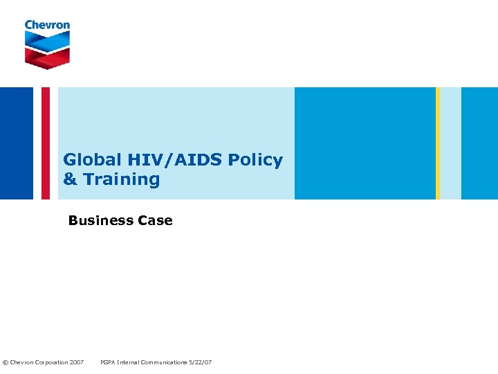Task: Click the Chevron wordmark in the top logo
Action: tap(47, 25)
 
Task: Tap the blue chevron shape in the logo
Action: tap(47, 39)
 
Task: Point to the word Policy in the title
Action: tap(255, 160)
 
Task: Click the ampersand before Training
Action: tap(70, 179)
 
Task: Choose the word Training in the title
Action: tap(122, 179)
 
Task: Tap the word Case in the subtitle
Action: tap(156, 221)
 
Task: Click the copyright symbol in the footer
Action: tap(6, 363)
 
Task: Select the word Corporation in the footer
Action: tap(53, 363)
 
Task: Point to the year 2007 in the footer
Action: tap(77, 363)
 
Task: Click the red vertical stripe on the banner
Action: tap(46, 143)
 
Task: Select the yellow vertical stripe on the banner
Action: tap(438, 143)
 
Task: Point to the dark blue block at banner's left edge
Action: tap(17, 143)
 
